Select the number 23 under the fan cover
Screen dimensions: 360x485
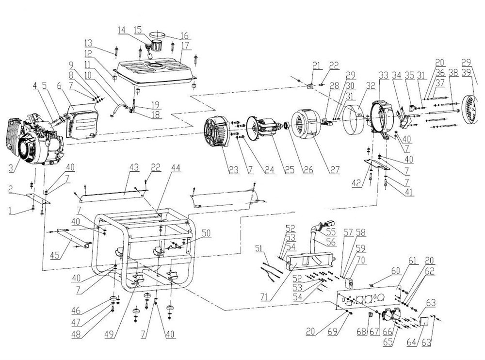coord(234,170)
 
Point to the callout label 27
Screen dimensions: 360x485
coord(334,170)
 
